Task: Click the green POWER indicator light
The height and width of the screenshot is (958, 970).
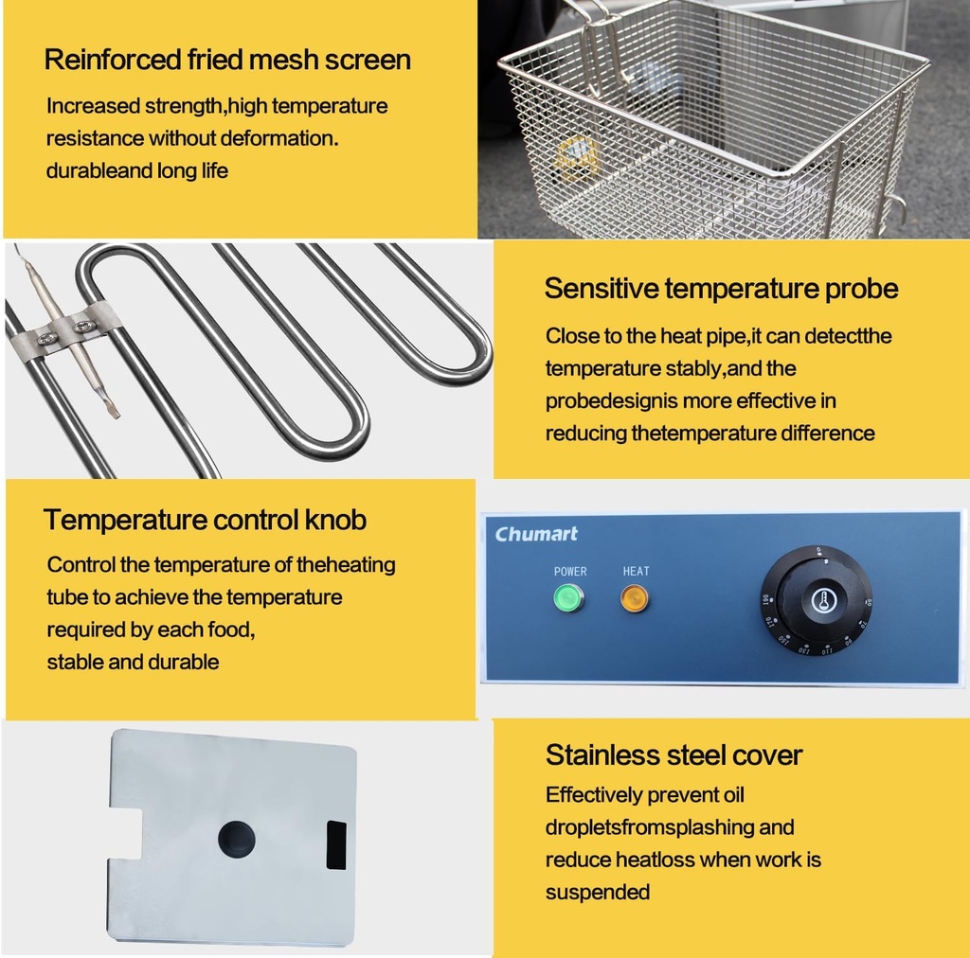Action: [x=568, y=598]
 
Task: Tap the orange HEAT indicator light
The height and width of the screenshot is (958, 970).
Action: [x=634, y=599]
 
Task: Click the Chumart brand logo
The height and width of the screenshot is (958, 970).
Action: [x=536, y=534]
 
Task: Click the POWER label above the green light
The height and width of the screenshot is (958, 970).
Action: [x=569, y=571]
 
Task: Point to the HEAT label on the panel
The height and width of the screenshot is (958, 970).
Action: [x=636, y=571]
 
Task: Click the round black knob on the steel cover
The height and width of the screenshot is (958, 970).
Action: [x=236, y=839]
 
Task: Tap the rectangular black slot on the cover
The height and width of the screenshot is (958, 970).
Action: [x=336, y=845]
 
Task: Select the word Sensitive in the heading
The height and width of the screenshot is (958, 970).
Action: [x=602, y=289]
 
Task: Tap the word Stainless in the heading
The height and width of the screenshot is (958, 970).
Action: [x=601, y=754]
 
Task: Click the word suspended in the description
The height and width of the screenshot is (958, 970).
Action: [x=598, y=893]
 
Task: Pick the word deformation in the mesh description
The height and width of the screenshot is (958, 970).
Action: [x=278, y=138]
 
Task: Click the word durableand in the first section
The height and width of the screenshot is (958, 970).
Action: [x=99, y=170]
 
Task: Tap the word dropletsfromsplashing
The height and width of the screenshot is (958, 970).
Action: [x=649, y=827]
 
